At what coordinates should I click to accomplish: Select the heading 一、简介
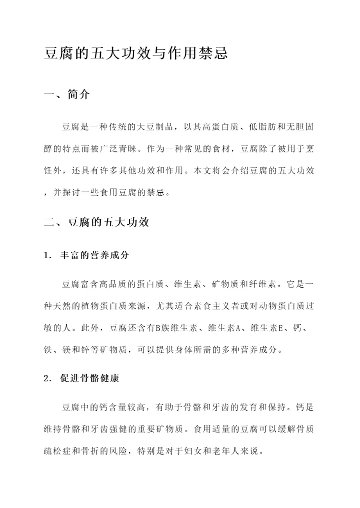point(67,95)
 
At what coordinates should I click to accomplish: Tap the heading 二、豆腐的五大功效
point(96,222)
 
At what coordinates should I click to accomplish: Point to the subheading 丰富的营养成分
point(94,255)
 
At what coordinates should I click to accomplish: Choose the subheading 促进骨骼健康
point(89,378)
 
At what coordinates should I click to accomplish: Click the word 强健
point(141,430)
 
